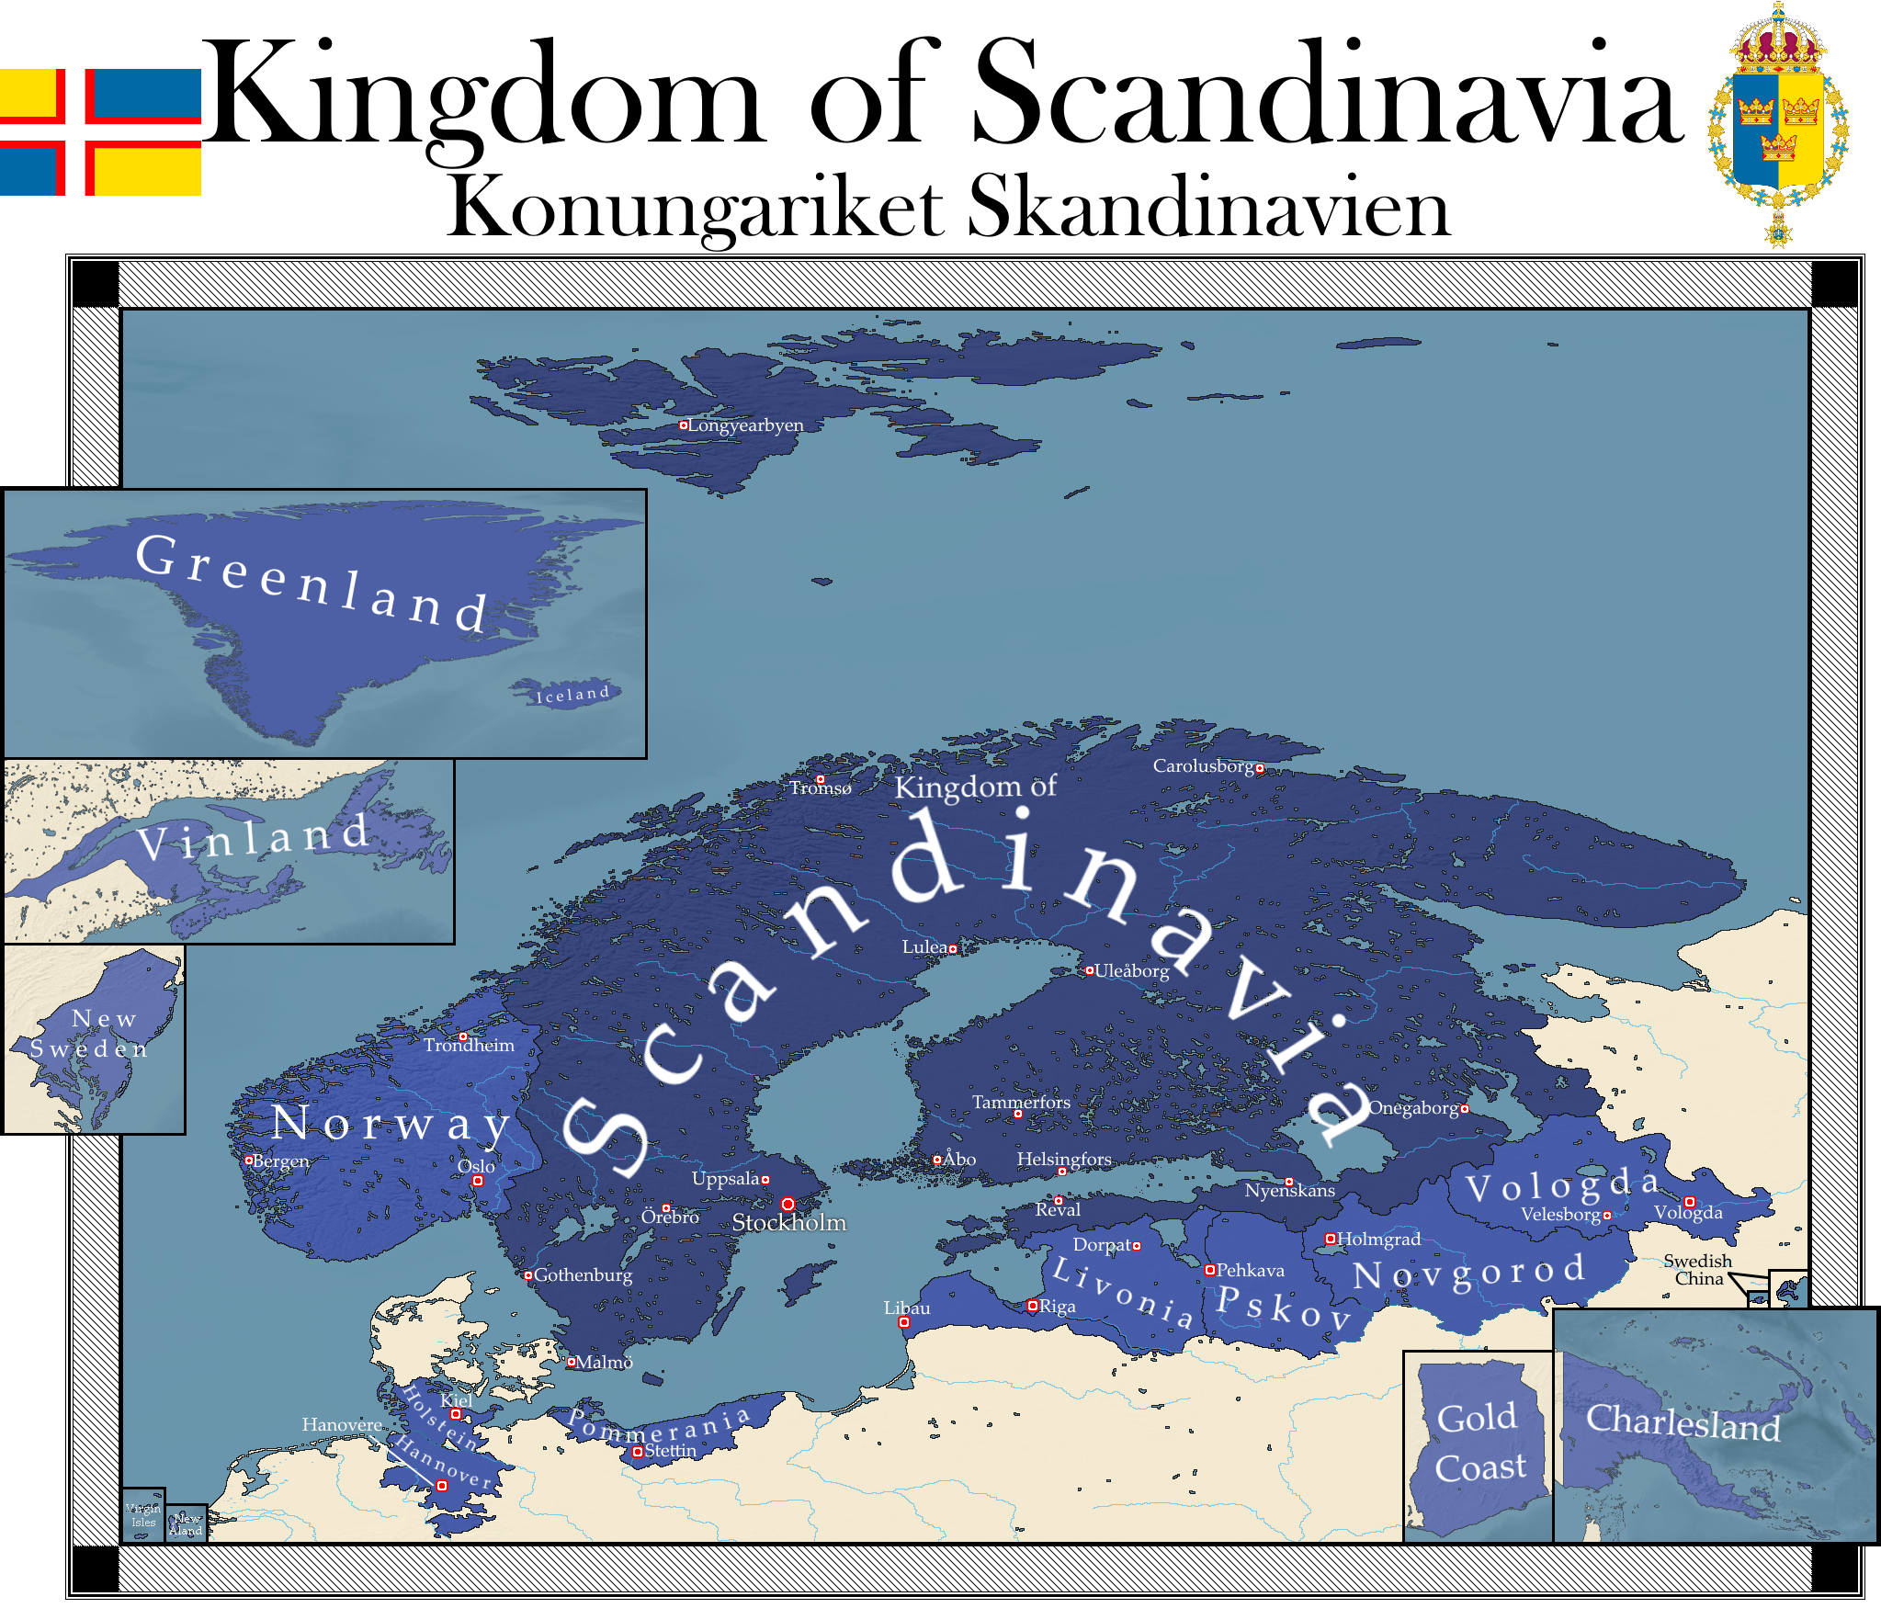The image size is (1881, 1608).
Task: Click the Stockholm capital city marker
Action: (788, 1204)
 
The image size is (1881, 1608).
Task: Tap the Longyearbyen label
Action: (745, 425)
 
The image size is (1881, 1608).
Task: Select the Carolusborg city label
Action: (1203, 766)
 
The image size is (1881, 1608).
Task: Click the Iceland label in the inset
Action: (573, 695)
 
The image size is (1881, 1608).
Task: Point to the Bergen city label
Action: (280, 1161)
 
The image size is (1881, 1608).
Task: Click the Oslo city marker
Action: (478, 1181)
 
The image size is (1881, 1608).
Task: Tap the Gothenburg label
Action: (583, 1275)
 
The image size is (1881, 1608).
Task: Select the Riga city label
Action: (1057, 1307)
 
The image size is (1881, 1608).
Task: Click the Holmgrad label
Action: (1378, 1240)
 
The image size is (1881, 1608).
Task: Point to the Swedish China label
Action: (1697, 1270)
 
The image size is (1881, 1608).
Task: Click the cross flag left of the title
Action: (99, 131)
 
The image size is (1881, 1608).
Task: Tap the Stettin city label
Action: (670, 1451)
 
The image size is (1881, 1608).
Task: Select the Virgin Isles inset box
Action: (143, 1514)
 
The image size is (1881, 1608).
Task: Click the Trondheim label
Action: (469, 1046)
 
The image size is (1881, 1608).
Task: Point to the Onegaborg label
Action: (1413, 1108)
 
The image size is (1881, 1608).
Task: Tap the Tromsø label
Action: (821, 788)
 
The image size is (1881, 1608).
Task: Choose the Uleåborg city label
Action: (1131, 971)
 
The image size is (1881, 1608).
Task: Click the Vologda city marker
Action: (1689, 1202)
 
